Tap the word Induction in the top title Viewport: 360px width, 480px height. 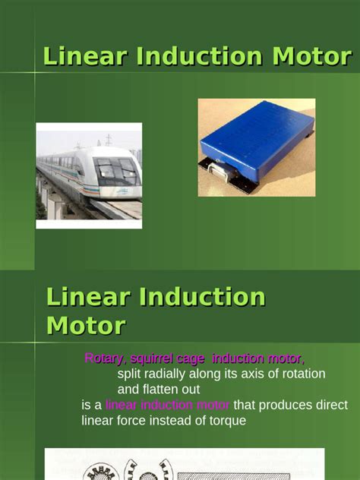point(183,55)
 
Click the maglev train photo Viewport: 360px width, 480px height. point(89,175)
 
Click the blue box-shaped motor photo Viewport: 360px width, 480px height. point(256,147)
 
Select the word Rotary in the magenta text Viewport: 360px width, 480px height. point(104,358)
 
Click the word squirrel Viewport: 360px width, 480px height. point(154,358)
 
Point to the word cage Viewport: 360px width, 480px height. point(197,358)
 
